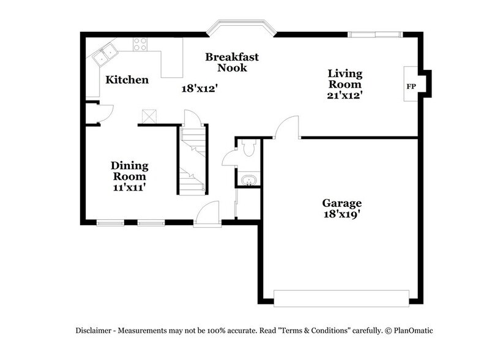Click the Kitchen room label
click(127, 80)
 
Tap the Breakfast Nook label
click(231, 62)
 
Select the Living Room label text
click(346, 79)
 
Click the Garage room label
click(342, 203)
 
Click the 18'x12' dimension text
click(199, 88)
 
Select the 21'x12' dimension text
click(346, 95)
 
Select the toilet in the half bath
click(249, 149)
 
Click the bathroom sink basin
click(248, 181)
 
